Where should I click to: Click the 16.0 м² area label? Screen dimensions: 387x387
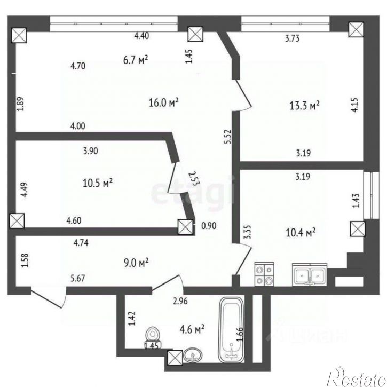pyautogui.click(x=164, y=102)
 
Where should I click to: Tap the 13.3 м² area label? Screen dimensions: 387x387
pyautogui.click(x=304, y=106)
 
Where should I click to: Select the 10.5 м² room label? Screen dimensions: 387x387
pyautogui.click(x=98, y=183)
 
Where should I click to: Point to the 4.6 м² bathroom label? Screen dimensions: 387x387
pyautogui.click(x=192, y=329)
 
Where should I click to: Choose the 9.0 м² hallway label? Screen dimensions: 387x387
pyautogui.click(x=136, y=263)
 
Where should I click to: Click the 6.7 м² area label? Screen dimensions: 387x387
pyautogui.click(x=136, y=60)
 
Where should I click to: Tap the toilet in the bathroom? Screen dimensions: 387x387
pyautogui.click(x=153, y=337)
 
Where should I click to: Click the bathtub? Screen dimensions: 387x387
pyautogui.click(x=231, y=330)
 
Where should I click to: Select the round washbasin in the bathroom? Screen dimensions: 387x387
pyautogui.click(x=193, y=356)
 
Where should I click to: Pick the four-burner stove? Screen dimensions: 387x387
pyautogui.click(x=264, y=274)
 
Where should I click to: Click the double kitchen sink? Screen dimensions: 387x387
pyautogui.click(x=310, y=275)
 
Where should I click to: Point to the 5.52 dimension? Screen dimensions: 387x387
pyautogui.click(x=227, y=137)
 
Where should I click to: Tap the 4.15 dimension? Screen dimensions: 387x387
pyautogui.click(x=354, y=105)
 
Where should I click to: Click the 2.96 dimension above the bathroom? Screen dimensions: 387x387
pyautogui.click(x=180, y=301)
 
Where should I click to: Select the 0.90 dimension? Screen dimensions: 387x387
pyautogui.click(x=209, y=226)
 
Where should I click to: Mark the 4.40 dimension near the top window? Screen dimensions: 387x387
pyautogui.click(x=141, y=36)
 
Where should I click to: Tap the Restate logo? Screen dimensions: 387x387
pyautogui.click(x=356, y=377)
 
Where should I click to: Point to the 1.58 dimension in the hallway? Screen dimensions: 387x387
pyautogui.click(x=25, y=260)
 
